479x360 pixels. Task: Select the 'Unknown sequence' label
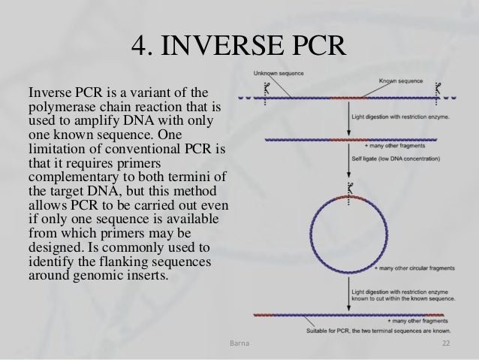click(x=279, y=74)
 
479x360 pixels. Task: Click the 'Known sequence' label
click(x=401, y=80)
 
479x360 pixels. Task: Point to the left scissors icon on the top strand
click(x=267, y=89)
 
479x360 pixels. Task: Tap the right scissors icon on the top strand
click(x=438, y=89)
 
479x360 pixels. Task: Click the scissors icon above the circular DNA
click(x=350, y=188)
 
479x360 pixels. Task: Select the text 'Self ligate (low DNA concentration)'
click(x=396, y=159)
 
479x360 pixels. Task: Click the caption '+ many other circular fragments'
click(x=415, y=268)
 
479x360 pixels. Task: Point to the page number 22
click(x=446, y=343)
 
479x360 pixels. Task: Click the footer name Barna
click(x=239, y=343)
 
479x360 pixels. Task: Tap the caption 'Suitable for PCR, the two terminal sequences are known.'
click(x=378, y=331)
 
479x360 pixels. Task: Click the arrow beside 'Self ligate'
click(x=349, y=160)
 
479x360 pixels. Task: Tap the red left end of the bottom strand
click(x=264, y=315)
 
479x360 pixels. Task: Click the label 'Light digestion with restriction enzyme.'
click(x=400, y=116)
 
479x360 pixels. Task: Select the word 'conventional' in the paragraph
click(x=143, y=150)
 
